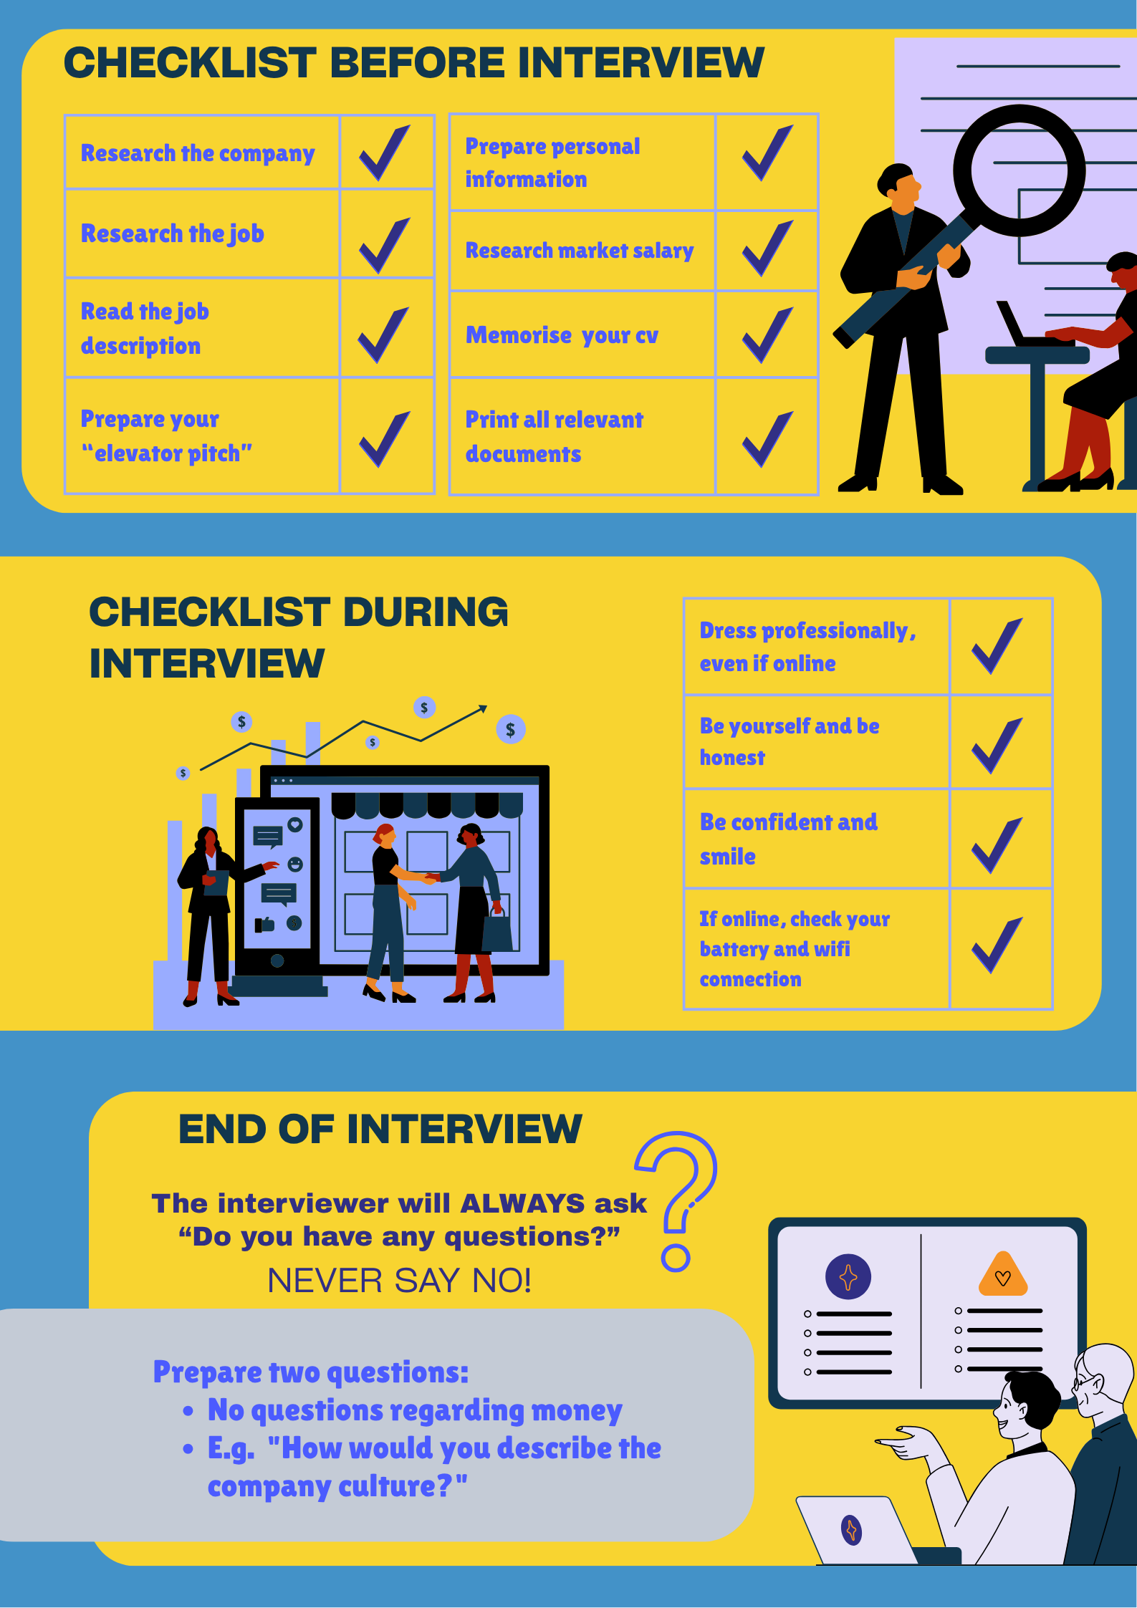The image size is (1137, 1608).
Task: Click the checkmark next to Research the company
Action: coord(385,153)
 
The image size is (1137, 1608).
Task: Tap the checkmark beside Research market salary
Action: coord(767,249)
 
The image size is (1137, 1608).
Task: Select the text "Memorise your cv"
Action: coord(562,335)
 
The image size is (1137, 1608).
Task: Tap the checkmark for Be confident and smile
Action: coord(997,846)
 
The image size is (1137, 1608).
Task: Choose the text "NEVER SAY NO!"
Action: coord(399,1281)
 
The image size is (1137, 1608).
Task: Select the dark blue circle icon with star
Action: coord(848,1276)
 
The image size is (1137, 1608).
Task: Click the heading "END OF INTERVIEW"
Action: coord(380,1130)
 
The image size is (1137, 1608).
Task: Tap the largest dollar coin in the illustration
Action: coord(511,729)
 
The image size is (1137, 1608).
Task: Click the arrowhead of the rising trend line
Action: coord(484,708)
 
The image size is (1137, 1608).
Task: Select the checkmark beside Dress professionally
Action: coord(997,647)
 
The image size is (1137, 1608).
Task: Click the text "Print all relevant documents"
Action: coord(554,436)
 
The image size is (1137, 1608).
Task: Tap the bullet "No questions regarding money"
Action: coord(414,1410)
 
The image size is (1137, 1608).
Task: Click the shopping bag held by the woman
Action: coord(498,930)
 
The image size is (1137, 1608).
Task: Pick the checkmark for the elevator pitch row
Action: coord(385,438)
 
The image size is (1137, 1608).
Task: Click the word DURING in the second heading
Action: coord(426,612)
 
